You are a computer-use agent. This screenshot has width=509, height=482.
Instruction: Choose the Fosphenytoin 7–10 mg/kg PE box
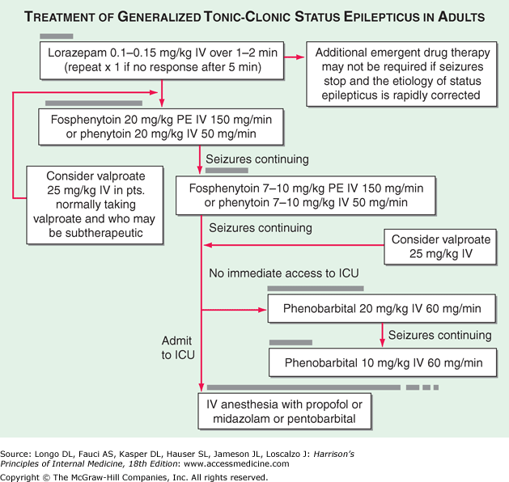tap(303, 193)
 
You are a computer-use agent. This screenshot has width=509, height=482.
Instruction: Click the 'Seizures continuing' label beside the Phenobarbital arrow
tap(439, 335)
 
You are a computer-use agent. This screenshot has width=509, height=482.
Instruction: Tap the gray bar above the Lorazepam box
tap(56, 36)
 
